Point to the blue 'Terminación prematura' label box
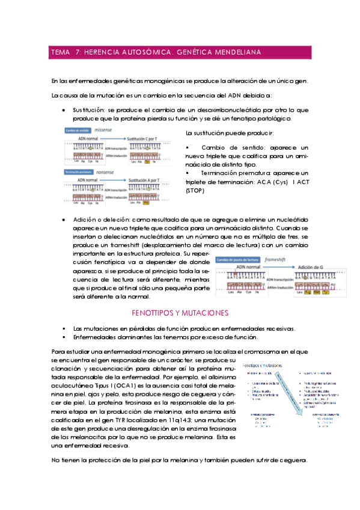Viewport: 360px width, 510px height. click(84, 171)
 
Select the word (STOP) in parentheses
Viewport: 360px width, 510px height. click(195, 191)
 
